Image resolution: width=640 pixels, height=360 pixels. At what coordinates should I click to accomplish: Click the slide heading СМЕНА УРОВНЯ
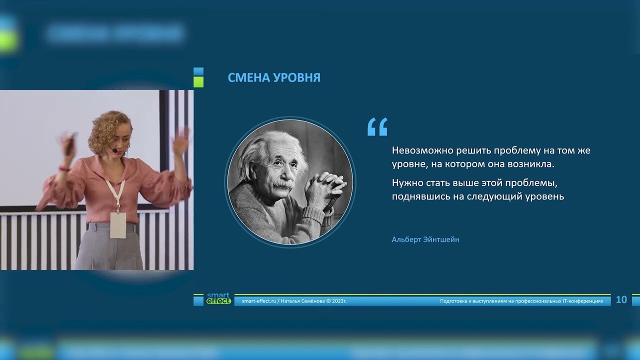274,77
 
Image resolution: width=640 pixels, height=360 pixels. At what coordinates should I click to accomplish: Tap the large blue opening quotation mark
377,127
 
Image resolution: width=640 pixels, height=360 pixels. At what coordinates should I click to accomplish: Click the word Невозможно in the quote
416,150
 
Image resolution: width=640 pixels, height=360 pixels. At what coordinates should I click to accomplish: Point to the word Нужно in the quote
405,183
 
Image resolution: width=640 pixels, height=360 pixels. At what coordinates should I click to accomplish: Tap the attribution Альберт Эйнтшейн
425,239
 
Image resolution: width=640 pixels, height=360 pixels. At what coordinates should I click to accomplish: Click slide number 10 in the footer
621,299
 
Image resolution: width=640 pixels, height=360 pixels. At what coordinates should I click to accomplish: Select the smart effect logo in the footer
218,298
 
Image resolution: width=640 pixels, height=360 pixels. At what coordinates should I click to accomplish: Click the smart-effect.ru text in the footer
258,301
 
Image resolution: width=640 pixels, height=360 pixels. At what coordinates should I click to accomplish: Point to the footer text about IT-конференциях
521,301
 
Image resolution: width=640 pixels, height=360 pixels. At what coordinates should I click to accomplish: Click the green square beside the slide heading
198,82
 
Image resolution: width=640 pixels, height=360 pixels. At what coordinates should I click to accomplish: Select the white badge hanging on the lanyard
118,224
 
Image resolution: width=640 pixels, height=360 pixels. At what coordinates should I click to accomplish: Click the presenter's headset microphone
115,150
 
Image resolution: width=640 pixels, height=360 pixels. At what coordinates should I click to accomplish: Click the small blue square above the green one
198,71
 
